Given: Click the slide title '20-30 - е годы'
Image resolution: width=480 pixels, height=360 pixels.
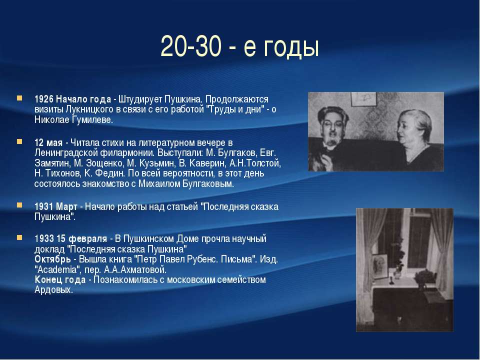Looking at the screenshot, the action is pos(239,46).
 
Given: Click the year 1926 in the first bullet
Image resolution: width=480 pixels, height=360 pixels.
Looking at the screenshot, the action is pos(44,99).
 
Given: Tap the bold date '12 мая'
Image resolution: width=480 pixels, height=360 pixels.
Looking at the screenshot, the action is pos(48,142).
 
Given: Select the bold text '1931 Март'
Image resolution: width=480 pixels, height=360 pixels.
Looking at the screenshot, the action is pos(55,206).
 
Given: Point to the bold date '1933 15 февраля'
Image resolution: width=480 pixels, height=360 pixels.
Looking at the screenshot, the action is pos(70,239).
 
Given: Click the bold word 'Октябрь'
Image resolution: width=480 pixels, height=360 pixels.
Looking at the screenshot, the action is pos(52,259).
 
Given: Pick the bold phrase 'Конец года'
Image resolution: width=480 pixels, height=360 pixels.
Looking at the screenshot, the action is pos(60,279).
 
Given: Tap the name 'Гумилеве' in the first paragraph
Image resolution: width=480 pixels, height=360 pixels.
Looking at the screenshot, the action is pos(92,119).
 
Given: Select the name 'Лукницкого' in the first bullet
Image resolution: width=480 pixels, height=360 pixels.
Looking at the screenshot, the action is pos(90,109).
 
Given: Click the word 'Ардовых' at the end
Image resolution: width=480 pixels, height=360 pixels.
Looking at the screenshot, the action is pos(53,289).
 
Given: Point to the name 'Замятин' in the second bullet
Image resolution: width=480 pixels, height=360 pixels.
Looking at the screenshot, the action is pos(52,163).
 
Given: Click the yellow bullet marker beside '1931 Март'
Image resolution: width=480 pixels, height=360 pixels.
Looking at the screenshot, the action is pos(19,205).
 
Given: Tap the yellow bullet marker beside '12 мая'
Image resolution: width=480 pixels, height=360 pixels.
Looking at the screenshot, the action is pos(19,141).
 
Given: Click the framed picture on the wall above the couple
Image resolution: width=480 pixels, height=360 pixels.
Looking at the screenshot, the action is pos(364,99).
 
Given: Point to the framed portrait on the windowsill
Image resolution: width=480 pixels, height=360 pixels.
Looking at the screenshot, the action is pos(380,266).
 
